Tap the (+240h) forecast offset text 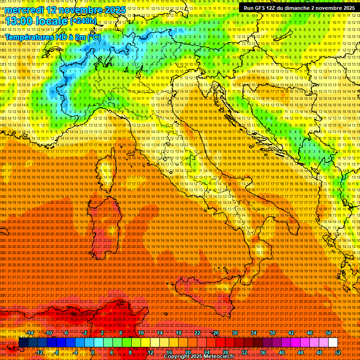[83, 21]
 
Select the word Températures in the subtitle [30, 37]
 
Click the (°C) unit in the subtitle [93, 37]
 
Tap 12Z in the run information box [276, 7]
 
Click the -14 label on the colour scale [30, 332]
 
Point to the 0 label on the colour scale [93, 352]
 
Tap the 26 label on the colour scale [216, 332]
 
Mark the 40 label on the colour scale [282, 352]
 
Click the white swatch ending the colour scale [333, 343]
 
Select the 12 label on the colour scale [150, 352]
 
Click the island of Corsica [106, 172]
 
